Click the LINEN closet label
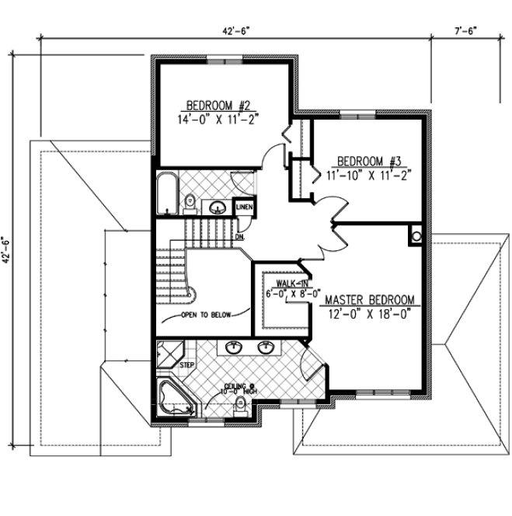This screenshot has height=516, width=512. click(245, 207)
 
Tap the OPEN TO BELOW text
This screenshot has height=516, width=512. click(206, 316)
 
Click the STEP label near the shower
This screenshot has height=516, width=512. click(187, 364)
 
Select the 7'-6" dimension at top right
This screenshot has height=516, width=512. click(465, 30)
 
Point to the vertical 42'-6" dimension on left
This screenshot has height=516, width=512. click(7, 250)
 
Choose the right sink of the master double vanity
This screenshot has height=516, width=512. click(266, 347)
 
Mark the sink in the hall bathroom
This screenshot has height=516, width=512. click(218, 206)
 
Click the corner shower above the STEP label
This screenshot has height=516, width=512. click(167, 352)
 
